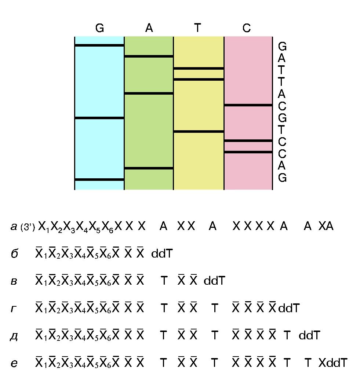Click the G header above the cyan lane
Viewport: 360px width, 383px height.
[99, 28]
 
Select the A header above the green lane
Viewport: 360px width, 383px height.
[149, 28]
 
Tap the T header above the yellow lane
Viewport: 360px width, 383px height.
[198, 28]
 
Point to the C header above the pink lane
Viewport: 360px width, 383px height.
[247, 28]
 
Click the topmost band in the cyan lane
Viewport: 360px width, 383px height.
[99, 45]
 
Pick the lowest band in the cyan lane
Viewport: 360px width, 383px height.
[99, 179]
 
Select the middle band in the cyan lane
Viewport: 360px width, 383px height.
[99, 118]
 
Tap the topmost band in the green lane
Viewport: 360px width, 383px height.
[149, 56]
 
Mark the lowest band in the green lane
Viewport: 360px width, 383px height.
[149, 168]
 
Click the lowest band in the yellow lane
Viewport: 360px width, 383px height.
[199, 131]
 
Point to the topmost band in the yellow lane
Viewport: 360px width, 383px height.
[199, 68]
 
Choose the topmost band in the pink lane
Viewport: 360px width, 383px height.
[248, 105]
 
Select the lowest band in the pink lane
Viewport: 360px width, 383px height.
[248, 152]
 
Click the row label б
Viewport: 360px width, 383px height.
[14, 254]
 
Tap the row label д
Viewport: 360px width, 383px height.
[14, 336]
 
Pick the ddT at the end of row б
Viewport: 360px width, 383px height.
[162, 254]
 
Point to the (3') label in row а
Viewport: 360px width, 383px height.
[28, 227]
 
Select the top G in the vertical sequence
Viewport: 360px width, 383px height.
[282, 47]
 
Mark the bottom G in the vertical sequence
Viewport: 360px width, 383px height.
[282, 178]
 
